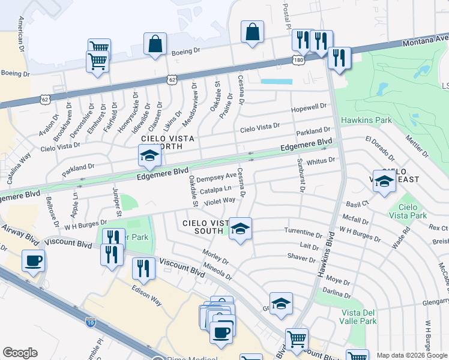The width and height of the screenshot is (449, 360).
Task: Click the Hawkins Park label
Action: [366, 120]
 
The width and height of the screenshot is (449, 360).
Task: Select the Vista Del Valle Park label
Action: [360, 317]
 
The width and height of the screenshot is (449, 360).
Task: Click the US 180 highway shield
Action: [298, 61]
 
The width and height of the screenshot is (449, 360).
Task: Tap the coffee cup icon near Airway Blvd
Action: [33, 262]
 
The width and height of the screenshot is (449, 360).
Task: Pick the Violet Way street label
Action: [219, 200]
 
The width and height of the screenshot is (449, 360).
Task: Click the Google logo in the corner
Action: [20, 352]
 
